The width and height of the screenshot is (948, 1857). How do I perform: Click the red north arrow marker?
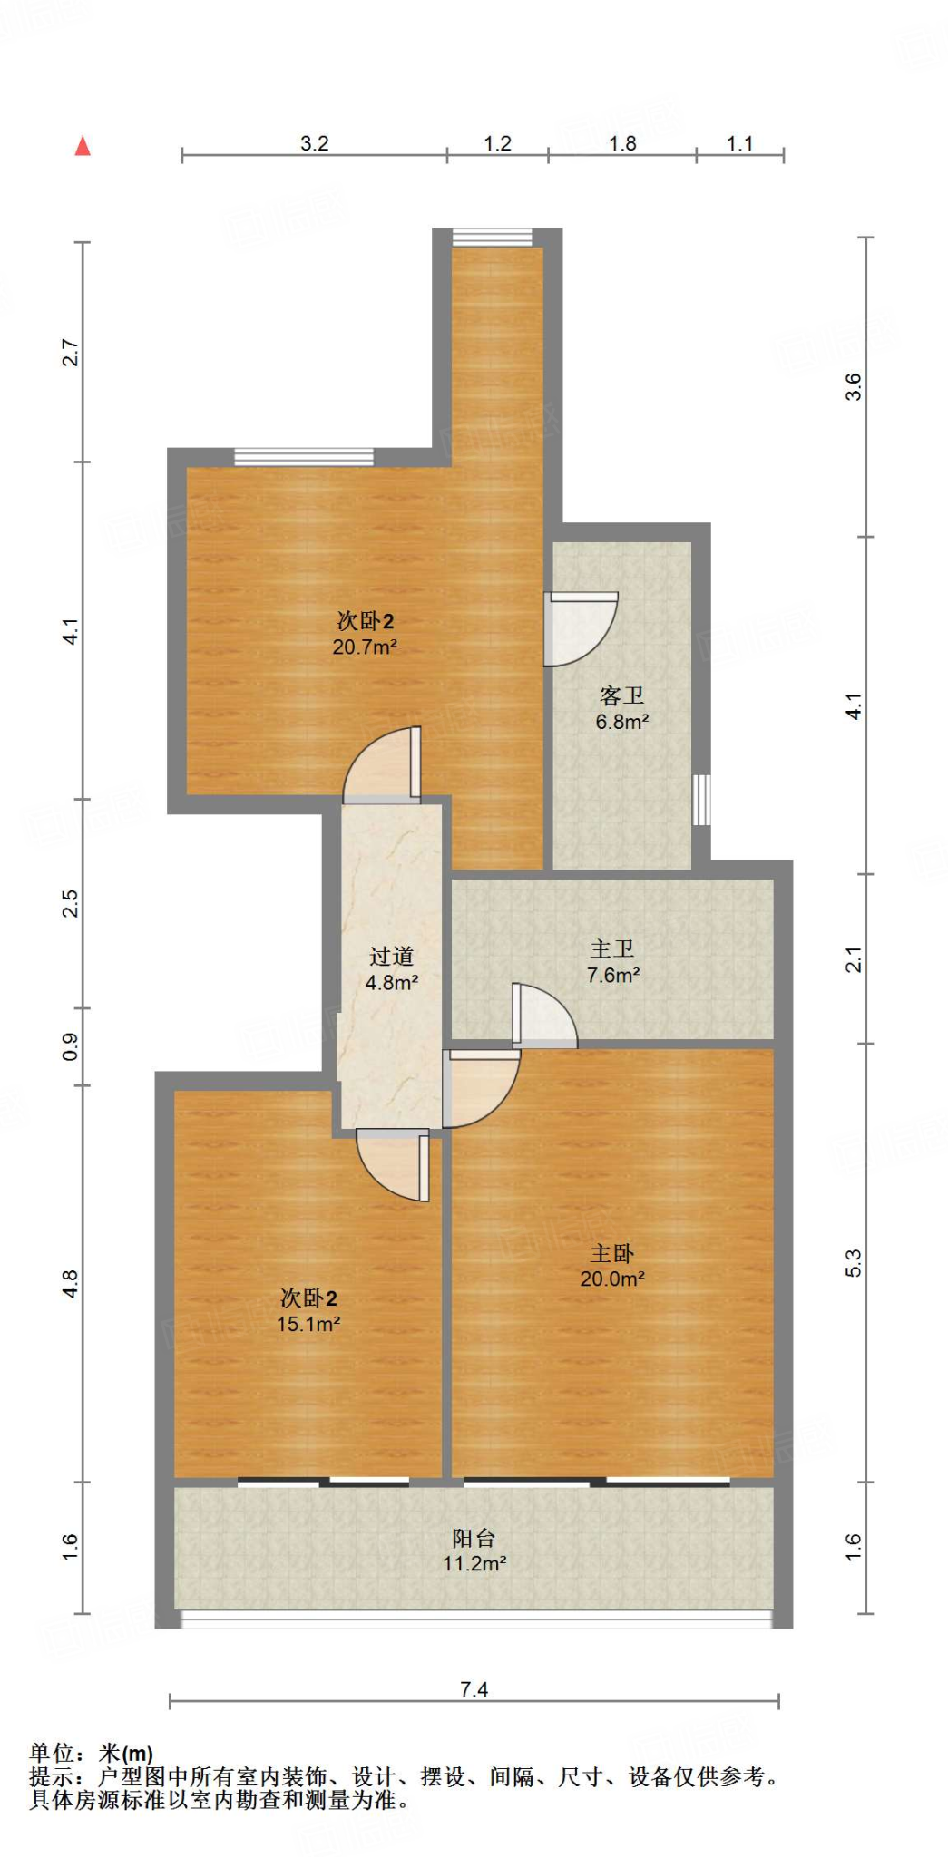[83, 146]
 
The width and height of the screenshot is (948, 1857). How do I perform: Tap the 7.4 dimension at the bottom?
[474, 1689]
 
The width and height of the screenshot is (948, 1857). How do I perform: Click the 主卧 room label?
[611, 1253]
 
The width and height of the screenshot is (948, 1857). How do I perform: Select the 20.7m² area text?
[365, 647]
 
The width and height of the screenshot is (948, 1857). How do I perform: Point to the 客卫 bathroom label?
[622, 695]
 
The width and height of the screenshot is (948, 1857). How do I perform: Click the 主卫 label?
[612, 949]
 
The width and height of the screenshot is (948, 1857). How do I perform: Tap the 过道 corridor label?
[391, 957]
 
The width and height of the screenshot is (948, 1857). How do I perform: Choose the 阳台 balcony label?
[474, 1538]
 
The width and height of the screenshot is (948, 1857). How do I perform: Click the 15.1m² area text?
[308, 1324]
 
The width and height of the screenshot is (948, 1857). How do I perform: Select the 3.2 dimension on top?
[314, 143]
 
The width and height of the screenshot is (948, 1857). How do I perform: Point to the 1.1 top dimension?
[739, 143]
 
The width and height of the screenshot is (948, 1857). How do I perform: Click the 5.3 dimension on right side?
[854, 1263]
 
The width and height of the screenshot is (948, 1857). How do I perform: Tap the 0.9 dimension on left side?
[71, 1047]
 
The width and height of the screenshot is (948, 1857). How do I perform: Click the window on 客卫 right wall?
[701, 799]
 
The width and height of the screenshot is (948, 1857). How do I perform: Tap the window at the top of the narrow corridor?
[492, 238]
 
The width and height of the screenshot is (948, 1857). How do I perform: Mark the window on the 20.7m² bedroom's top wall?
[304, 456]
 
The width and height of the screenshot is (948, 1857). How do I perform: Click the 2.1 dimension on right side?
[854, 959]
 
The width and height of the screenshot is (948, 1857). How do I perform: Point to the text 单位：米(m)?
[91, 1754]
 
